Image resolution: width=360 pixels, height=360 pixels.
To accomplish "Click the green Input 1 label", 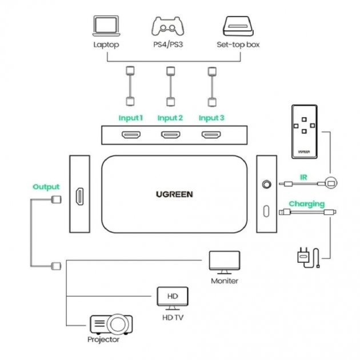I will pos(130,118).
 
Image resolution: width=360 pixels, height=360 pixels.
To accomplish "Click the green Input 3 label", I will pos(211,118).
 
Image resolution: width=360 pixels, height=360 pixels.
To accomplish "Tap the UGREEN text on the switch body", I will pos(174,194).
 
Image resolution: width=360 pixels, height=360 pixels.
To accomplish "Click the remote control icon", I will pos(303,131).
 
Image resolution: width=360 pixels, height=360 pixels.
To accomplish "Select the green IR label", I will pos(303,177).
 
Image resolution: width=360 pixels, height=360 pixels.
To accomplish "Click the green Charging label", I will pos(306,203).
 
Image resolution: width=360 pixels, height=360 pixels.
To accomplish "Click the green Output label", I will pos(46,187).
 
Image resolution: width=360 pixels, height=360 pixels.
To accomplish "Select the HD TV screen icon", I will pos(172,297).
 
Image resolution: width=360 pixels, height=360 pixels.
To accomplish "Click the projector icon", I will pos(112,325).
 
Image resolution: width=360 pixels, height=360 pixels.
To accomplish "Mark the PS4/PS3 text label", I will pos(170,44).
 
